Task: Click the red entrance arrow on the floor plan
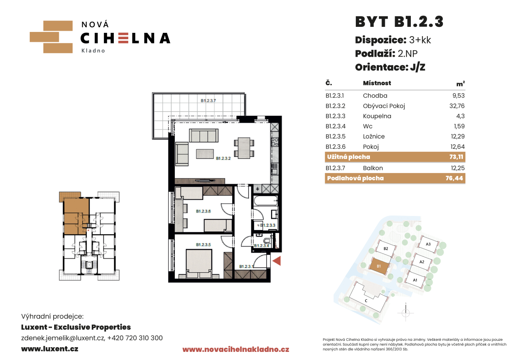(277, 261)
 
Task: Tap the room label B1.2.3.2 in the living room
(223, 158)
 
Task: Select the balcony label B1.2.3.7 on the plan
(208, 101)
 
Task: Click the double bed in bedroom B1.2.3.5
(199, 264)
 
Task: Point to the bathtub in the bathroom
(266, 201)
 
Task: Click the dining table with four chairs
(244, 148)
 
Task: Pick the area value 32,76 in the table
(457, 106)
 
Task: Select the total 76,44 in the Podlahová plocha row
(454, 178)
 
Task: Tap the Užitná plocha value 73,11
(456, 157)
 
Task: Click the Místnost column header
(377, 83)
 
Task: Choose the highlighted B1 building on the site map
(379, 266)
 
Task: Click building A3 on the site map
(428, 244)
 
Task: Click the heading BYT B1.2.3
(399, 22)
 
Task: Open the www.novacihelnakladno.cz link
(236, 350)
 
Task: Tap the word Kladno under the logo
(93, 51)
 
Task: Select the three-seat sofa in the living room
(204, 135)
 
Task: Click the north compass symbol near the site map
(406, 312)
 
